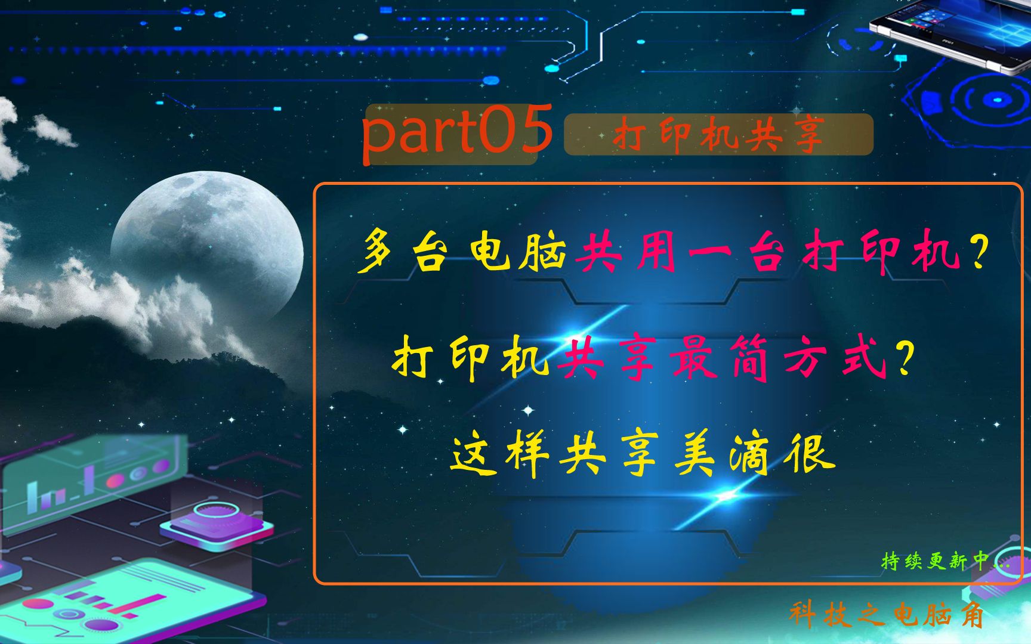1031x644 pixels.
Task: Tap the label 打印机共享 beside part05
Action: [x=718, y=135]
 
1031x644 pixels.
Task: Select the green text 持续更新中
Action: [x=934, y=561]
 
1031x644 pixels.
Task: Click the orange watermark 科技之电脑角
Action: [x=887, y=614]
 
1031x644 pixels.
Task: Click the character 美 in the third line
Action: [x=694, y=457]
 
